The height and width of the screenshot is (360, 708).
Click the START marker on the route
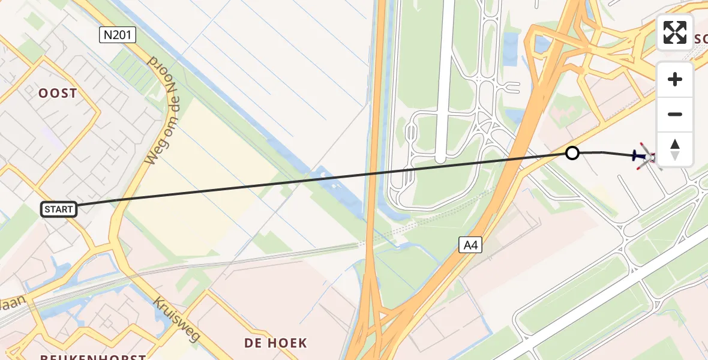pyautogui.click(x=59, y=209)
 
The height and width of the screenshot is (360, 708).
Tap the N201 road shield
pyautogui.click(x=118, y=35)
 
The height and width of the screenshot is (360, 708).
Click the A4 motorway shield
pyautogui.click(x=470, y=244)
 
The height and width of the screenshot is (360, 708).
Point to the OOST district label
pyautogui.click(x=58, y=94)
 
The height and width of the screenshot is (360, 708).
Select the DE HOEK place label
pyautogui.click(x=275, y=343)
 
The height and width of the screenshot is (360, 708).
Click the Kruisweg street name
pyautogui.click(x=178, y=318)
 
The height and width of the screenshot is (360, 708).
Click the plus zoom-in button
pyautogui.click(x=675, y=79)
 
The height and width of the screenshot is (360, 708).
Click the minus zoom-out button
pyautogui.click(x=675, y=114)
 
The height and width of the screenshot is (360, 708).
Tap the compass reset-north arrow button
pyautogui.click(x=675, y=149)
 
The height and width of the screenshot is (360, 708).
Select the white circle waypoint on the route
pyautogui.click(x=572, y=153)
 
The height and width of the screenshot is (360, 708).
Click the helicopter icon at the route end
pyautogui.click(x=647, y=157)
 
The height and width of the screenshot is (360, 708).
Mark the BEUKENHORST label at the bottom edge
pyautogui.click(x=93, y=357)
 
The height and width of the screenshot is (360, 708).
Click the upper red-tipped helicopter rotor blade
pyautogui.click(x=643, y=146)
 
